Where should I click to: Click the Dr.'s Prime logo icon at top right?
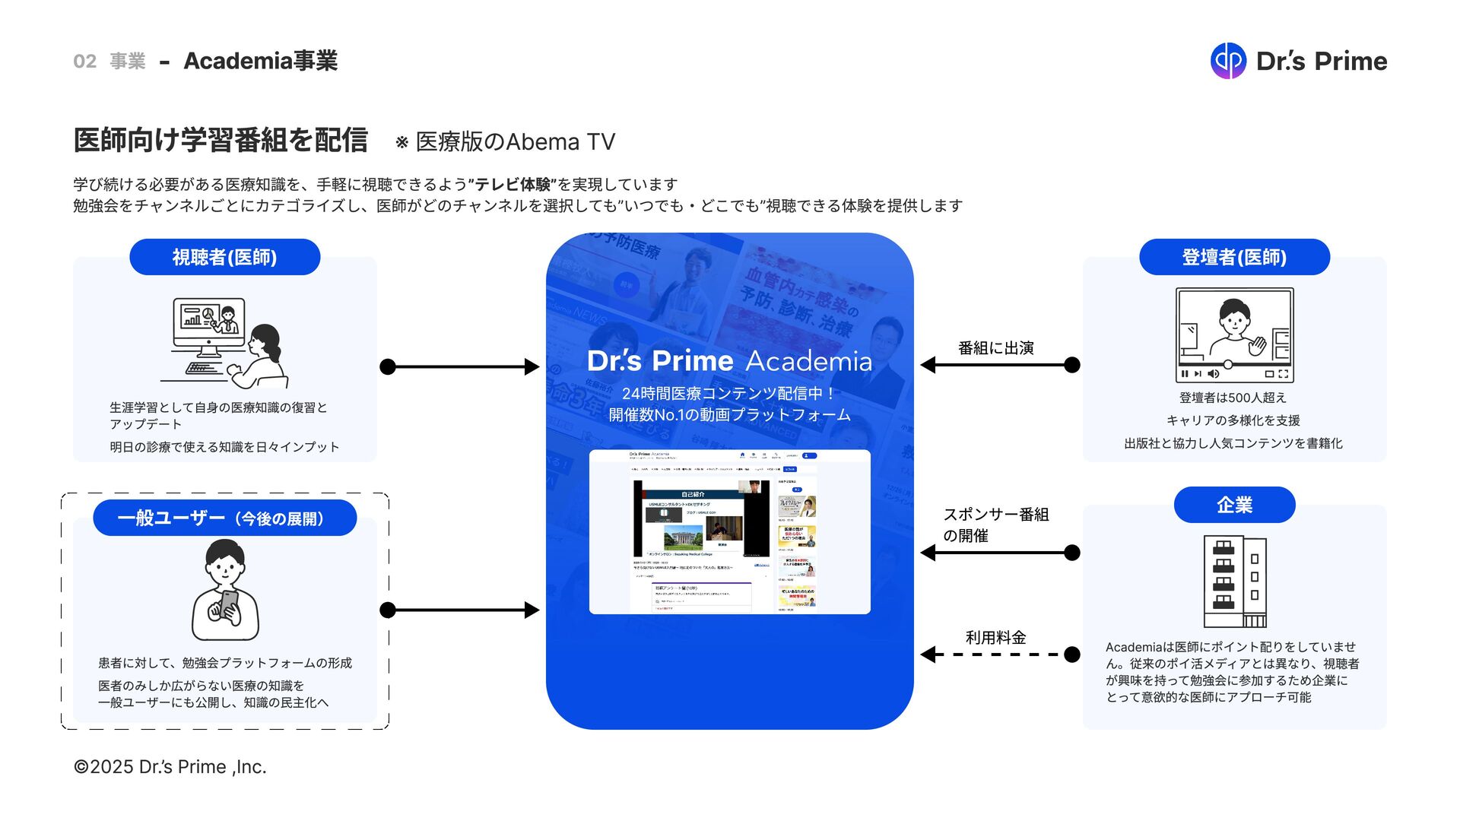1228,61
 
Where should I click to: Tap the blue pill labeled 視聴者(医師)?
224,257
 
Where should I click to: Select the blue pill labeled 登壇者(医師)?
1234,257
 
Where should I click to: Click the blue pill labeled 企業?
1234,505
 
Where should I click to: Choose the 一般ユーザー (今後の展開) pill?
224,518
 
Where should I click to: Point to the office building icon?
1234,581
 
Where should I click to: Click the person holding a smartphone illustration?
225,591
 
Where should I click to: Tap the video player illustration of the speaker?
1234,334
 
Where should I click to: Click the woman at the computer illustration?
225,342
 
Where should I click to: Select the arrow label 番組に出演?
995,348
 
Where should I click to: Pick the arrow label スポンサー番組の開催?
995,525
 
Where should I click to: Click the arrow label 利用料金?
995,637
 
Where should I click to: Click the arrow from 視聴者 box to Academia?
459,367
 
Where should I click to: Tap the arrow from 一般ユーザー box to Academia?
459,610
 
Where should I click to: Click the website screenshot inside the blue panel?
729,532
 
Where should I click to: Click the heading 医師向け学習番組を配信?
221,141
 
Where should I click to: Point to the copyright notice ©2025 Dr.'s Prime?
170,767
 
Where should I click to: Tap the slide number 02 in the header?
84,61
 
